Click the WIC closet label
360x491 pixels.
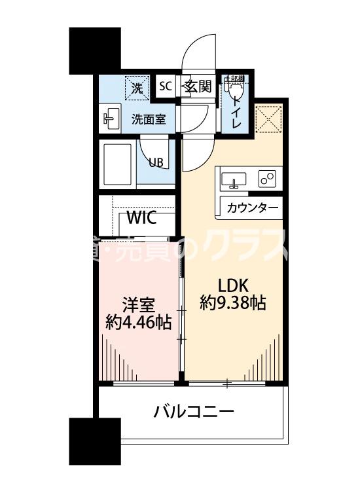click(x=141, y=217)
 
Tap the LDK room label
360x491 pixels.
click(x=232, y=286)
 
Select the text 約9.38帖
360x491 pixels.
click(x=232, y=303)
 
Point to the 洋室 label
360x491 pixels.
click(x=138, y=305)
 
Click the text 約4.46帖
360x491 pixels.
click(x=138, y=321)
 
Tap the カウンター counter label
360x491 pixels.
click(x=251, y=208)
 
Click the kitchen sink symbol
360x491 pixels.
click(x=234, y=179)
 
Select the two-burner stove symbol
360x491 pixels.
click(x=267, y=177)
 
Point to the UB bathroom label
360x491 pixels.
click(x=156, y=163)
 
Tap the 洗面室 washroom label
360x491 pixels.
click(x=149, y=119)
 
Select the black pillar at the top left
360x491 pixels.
click(x=95, y=49)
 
